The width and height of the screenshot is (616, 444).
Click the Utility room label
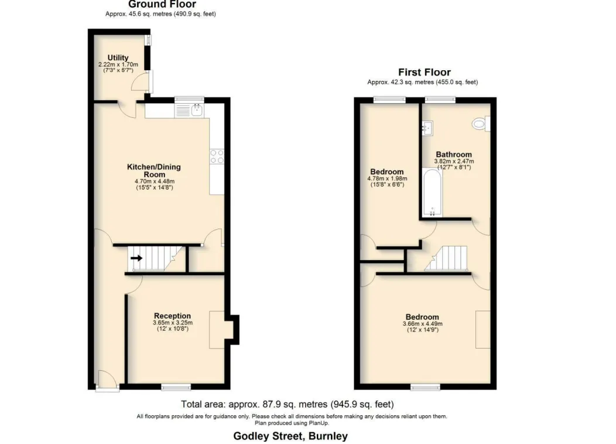pos(118,57)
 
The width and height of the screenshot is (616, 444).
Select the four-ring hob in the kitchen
pos(217,156)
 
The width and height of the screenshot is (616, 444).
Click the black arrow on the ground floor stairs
pos(136,258)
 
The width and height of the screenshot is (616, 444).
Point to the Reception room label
pos(173,316)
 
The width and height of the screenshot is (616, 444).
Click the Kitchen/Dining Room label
pos(154,170)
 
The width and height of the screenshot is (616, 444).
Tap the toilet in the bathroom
pos(481,124)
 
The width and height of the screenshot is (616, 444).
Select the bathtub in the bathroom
pos(432,193)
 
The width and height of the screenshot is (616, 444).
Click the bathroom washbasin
pos(427,128)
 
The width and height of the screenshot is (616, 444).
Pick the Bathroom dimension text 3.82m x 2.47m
pos(454,161)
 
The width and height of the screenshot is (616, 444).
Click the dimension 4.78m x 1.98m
pos(387,179)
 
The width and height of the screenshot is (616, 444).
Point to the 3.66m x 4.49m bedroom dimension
pos(422,324)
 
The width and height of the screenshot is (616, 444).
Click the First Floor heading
pos(425,72)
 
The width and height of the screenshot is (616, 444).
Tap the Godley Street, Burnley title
pos(290,436)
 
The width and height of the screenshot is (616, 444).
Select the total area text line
pos(287,404)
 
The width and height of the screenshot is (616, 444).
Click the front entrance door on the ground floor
pos(107,388)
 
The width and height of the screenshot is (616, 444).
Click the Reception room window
pos(176,387)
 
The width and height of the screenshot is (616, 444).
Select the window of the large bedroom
pos(426,387)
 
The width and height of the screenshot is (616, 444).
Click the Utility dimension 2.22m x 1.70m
pos(118,64)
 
